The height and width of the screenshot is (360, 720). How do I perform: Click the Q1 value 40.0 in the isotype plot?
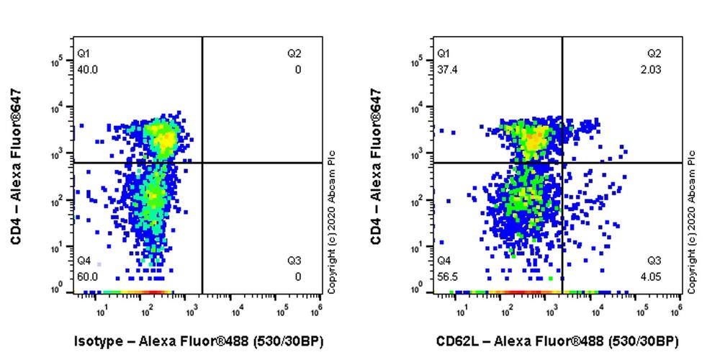click(88, 70)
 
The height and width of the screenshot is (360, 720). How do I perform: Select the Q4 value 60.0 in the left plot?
click(88, 276)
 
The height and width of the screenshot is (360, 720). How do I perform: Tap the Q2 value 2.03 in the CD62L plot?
click(654, 70)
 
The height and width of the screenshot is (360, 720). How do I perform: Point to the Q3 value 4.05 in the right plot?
click(654, 276)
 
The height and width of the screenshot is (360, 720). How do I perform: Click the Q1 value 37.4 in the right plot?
click(447, 70)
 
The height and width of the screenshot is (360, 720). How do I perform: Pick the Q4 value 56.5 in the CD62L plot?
click(447, 276)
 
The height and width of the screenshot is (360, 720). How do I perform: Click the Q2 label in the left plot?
click(294, 54)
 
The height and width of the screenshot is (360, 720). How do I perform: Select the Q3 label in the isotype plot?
click(294, 261)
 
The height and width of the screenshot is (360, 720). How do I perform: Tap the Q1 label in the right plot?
click(444, 54)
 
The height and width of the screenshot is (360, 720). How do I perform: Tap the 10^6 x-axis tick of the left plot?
click(316, 310)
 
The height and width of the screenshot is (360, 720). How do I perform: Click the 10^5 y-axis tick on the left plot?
click(58, 63)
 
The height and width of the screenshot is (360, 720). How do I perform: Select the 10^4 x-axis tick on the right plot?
click(597, 310)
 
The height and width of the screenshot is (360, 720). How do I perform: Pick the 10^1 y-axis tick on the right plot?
click(418, 248)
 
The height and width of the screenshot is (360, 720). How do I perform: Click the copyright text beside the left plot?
click(333, 222)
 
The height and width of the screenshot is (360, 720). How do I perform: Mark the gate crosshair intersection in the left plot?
click(202, 163)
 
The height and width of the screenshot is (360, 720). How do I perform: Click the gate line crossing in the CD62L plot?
click(562, 163)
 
